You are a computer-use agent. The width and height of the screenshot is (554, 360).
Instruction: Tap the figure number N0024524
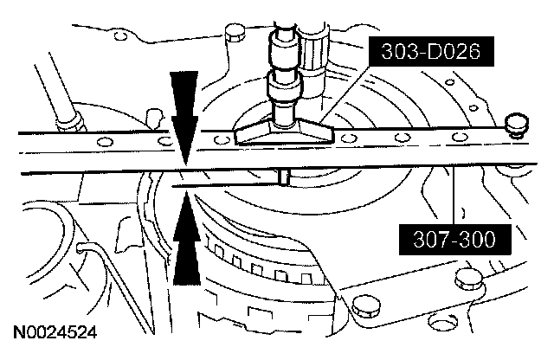(55, 331)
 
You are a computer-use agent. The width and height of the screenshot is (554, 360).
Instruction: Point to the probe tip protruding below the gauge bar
(283, 177)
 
